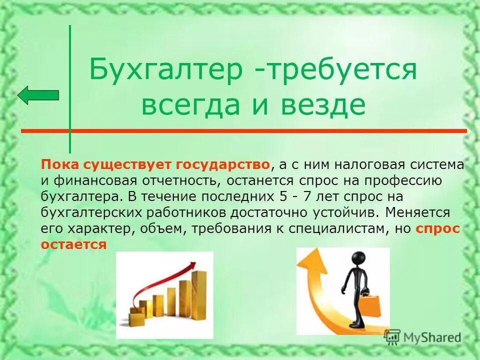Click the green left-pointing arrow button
(x=38, y=94)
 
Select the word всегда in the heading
(x=196, y=106)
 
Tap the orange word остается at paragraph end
(x=74, y=244)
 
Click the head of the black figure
(x=358, y=259)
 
